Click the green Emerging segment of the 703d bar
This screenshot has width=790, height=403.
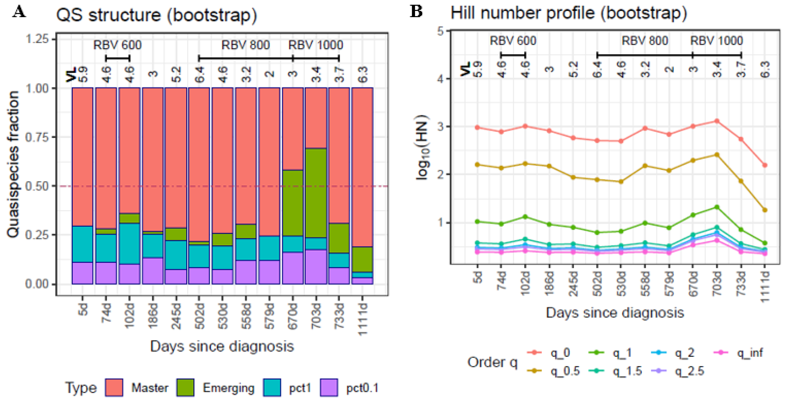pyautogui.click(x=315, y=193)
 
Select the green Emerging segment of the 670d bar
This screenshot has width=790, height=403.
pyautogui.click(x=293, y=203)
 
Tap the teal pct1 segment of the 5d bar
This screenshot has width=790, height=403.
pyautogui.click(x=82, y=244)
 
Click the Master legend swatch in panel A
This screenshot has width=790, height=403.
pyautogui.click(x=114, y=387)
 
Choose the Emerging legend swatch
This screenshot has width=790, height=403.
pyautogui.click(x=185, y=387)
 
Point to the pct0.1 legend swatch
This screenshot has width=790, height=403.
pyautogui.click(x=329, y=387)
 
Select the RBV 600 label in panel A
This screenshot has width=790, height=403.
pyautogui.click(x=117, y=45)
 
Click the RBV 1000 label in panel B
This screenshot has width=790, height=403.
pyautogui.click(x=716, y=41)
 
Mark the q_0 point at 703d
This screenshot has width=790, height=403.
pyautogui.click(x=717, y=121)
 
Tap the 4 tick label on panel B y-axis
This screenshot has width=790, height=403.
pyautogui.click(x=441, y=79)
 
